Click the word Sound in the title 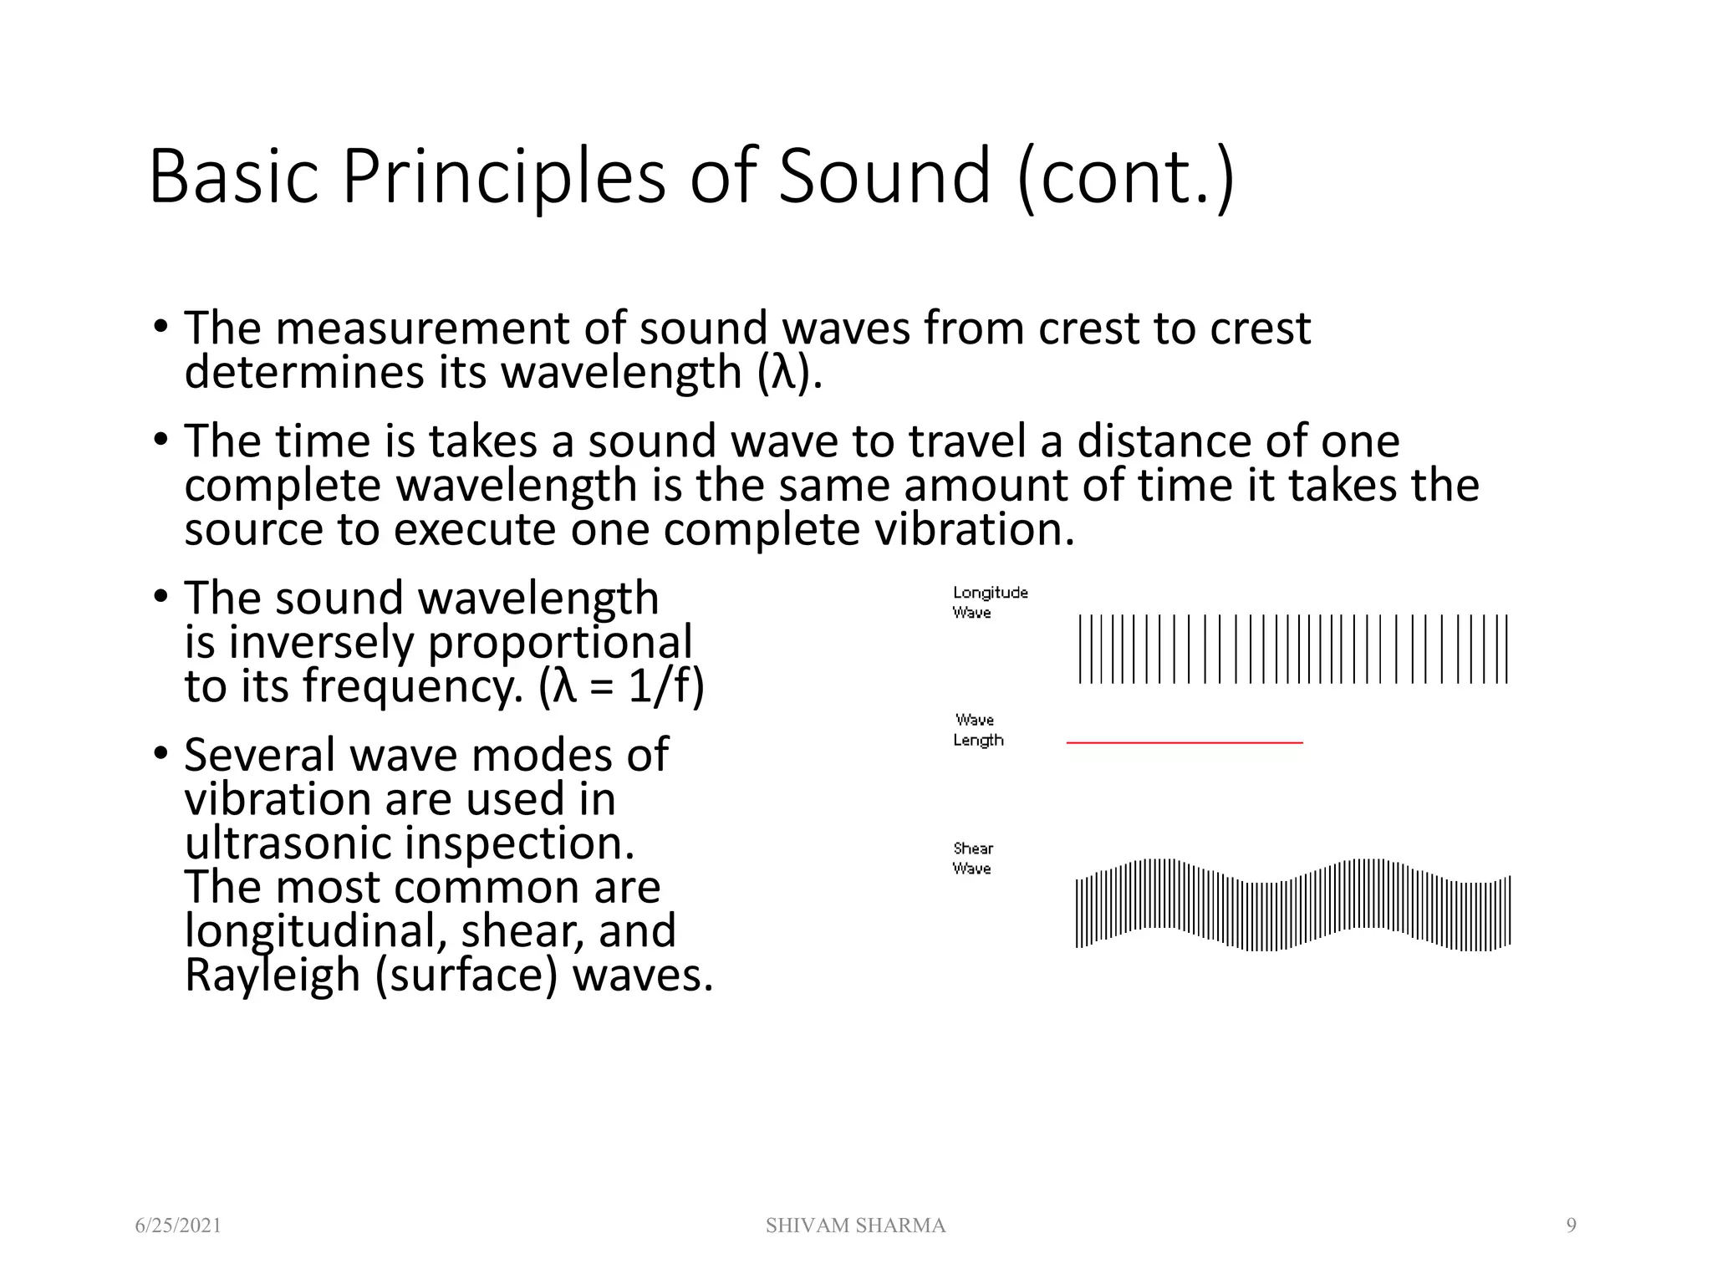tap(884, 176)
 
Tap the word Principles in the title tap(504, 176)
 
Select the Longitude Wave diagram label tap(990, 602)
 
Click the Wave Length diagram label tap(977, 730)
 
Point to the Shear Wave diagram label tap(972, 859)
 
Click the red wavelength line tap(1184, 742)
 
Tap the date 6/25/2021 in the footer tap(178, 1225)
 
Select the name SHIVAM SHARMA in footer tap(855, 1225)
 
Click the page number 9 tap(1571, 1225)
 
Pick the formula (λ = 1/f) tap(622, 687)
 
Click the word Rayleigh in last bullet tap(272, 976)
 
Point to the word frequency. tap(412, 687)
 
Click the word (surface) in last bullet tap(466, 976)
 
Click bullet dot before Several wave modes tap(161, 754)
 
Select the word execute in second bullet tap(474, 530)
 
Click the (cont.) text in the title tap(1126, 176)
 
